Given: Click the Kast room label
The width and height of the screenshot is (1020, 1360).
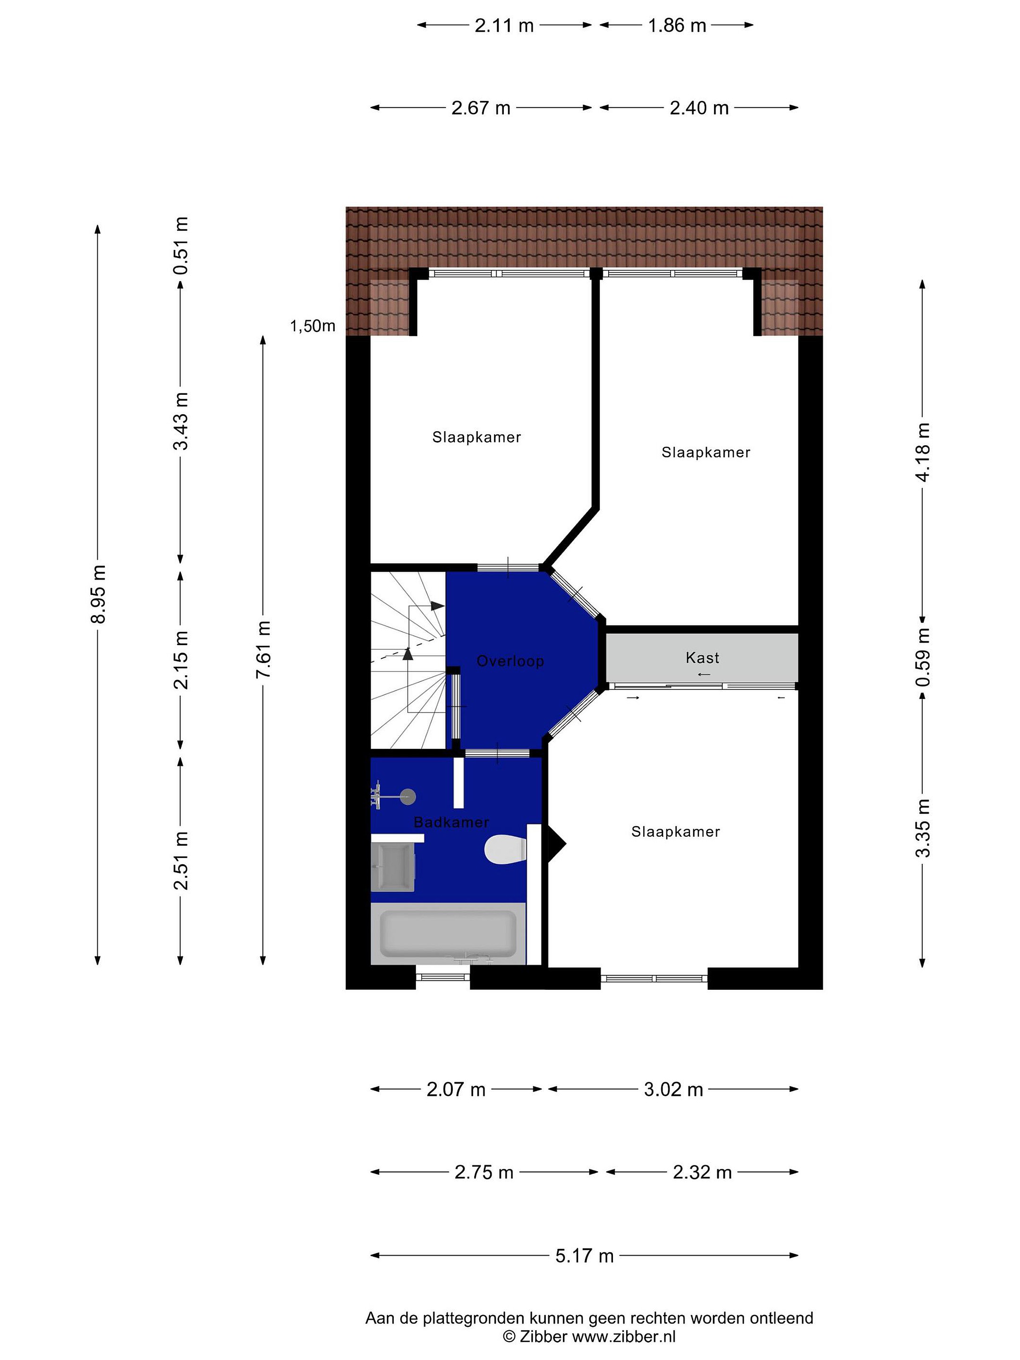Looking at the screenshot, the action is pos(702,658).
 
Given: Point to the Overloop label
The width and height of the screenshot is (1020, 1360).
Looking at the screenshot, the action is pos(510,661).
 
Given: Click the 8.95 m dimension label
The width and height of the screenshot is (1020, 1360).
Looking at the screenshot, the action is pos(98,593).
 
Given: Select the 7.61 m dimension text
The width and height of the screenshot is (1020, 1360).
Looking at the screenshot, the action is pos(263,650).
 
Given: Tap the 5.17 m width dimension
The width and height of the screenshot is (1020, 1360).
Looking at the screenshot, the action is pos(584,1256).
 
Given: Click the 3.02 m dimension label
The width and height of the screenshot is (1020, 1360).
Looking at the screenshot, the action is pos(673,1089).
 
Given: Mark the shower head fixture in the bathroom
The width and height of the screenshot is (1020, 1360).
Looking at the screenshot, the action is pos(407,798).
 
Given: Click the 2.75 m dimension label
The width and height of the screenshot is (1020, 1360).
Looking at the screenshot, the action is pos(484,1173).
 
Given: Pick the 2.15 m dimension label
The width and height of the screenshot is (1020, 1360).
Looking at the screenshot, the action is pos(181,660).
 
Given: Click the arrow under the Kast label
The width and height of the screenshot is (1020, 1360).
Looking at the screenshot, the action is pos(705,674).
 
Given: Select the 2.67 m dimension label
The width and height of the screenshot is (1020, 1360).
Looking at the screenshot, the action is pos(481,108).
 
